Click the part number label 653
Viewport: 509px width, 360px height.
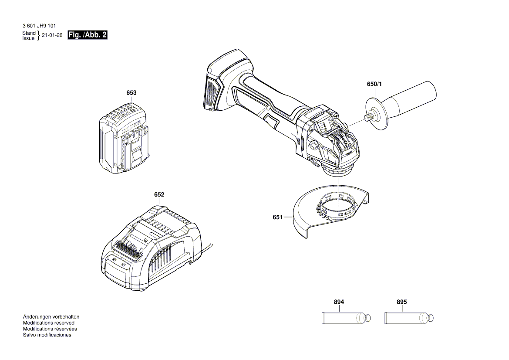tap(131, 93)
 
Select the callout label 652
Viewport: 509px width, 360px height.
tap(159, 194)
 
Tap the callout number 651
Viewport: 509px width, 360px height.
tap(278, 217)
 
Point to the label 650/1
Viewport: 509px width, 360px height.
tap(374, 85)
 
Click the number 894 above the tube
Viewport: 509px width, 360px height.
tap(339, 302)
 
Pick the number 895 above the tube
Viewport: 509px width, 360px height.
tap(402, 302)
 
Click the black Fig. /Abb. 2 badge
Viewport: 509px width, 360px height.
tap(87, 35)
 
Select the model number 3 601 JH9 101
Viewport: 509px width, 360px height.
tap(39, 26)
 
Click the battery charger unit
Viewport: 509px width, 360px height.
tap(150, 248)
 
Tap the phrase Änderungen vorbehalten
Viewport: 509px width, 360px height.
tap(51, 317)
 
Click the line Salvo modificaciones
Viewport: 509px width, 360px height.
tap(47, 335)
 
